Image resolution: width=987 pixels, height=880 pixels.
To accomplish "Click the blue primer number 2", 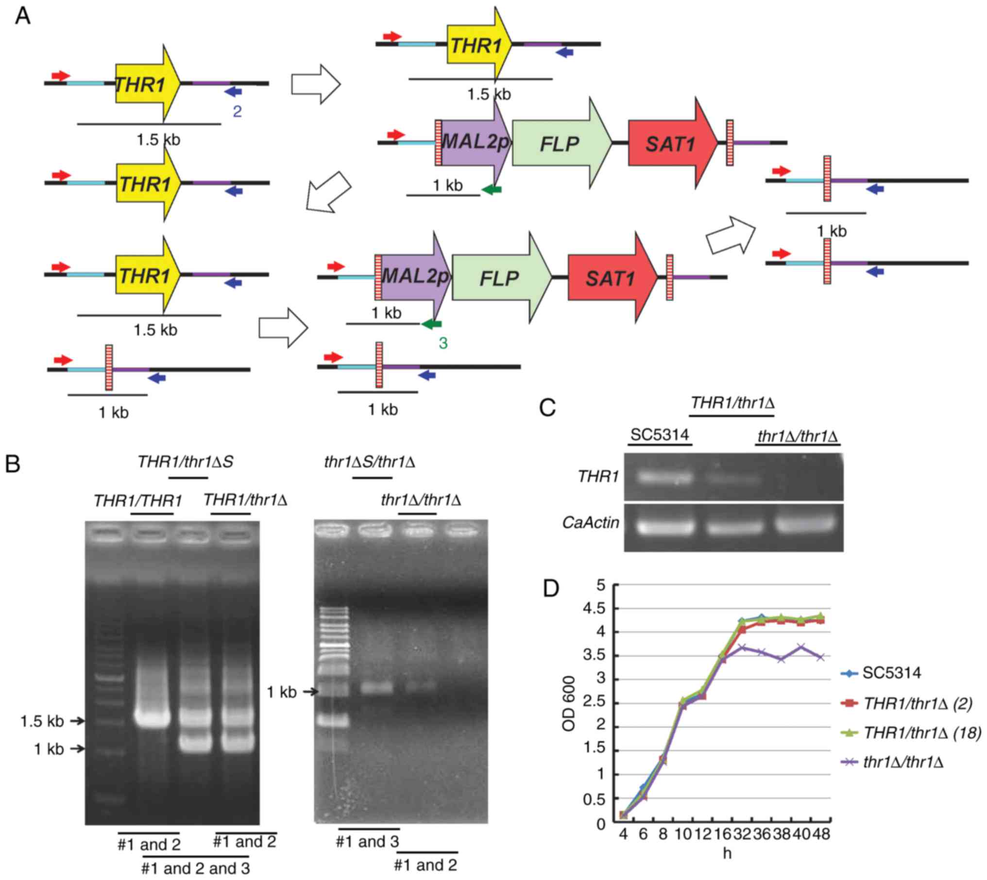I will pyautogui.click(x=237, y=112).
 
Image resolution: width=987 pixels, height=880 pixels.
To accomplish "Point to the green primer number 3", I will pyautogui.click(x=443, y=343).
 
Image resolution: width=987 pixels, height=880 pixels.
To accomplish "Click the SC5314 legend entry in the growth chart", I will pyautogui.click(x=891, y=673).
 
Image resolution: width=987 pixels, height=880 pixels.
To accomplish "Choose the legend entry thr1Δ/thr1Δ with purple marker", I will pyautogui.click(x=903, y=763).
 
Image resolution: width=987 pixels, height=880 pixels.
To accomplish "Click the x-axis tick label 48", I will pyautogui.click(x=820, y=835).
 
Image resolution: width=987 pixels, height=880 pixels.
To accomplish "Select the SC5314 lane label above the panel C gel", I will pyautogui.click(x=660, y=434).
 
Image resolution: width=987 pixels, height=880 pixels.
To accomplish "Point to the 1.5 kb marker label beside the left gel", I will pyautogui.click(x=42, y=721).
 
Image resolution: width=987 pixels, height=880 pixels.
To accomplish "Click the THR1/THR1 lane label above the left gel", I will pyautogui.click(x=138, y=501).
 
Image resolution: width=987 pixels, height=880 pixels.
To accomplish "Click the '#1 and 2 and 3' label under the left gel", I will pyautogui.click(x=195, y=868).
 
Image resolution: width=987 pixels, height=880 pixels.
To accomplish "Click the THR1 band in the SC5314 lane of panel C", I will pyautogui.click(x=657, y=478).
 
